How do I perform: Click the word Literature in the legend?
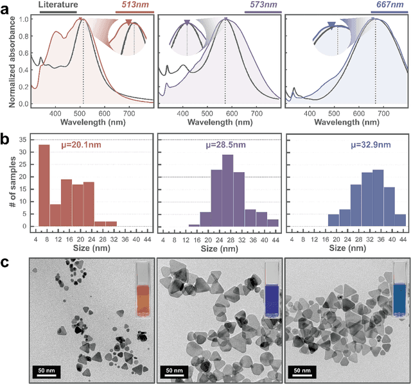[x=58, y=5]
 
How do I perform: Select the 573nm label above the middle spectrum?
[x=263, y=5]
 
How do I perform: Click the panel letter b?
[x=5, y=139]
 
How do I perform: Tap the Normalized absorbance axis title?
[x=6, y=58]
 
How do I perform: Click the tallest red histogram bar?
[x=44, y=186]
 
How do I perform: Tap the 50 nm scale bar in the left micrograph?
[x=46, y=371]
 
